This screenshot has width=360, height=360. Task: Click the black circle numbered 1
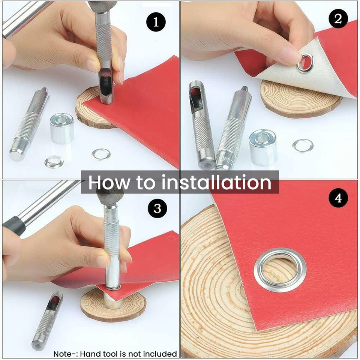156,22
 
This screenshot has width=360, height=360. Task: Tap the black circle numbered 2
338,19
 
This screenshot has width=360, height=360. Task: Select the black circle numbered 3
157,208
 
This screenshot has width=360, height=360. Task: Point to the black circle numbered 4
338,198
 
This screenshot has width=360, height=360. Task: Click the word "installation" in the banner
216,182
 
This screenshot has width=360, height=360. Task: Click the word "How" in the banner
109,183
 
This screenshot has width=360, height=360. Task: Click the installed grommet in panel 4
280,270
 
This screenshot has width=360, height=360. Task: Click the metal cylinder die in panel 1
62,128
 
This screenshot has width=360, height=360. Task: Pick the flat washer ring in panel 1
101,154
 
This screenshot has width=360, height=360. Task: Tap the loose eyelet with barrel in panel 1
54,162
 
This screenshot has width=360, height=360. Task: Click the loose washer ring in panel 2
303,145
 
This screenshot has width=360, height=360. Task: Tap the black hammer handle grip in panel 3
14,226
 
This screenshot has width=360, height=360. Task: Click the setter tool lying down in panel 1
29,124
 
